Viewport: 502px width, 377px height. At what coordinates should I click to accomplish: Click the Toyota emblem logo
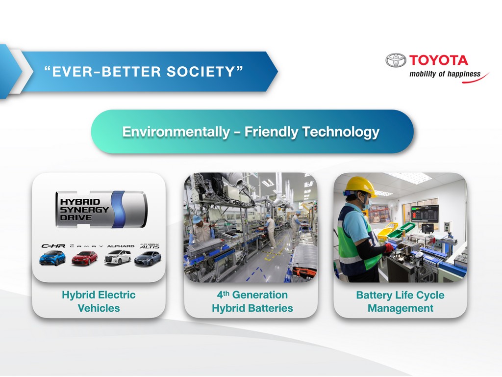(396, 60)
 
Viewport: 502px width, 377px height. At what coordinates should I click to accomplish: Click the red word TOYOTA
(438, 60)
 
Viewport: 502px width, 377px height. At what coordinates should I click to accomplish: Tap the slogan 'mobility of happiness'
(445, 74)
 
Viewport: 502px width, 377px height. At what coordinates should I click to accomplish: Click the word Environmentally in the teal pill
(176, 132)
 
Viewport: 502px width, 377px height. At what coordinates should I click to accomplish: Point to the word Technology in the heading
(341, 132)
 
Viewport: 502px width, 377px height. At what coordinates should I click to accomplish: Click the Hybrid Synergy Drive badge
(101, 210)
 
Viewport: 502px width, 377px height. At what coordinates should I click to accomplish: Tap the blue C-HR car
(52, 258)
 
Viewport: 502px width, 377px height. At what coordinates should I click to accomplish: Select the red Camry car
(84, 258)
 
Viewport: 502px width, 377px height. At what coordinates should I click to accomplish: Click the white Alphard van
(118, 257)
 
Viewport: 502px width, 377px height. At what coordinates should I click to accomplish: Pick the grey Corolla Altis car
(148, 258)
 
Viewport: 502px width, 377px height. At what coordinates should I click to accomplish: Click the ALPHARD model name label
(121, 246)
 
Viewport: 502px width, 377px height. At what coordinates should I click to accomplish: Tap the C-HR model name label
(53, 246)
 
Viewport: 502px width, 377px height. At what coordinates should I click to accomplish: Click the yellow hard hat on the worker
(360, 186)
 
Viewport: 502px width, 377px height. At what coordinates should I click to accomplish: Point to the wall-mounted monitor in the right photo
(425, 213)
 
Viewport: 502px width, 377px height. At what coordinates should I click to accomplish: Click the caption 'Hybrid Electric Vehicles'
(99, 301)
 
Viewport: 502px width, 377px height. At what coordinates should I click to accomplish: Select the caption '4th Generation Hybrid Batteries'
(252, 301)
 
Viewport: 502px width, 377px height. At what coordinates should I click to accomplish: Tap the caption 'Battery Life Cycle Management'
(400, 301)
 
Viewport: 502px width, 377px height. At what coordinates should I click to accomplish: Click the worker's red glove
(389, 247)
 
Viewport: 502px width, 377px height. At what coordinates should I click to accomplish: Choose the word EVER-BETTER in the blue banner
(106, 72)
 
